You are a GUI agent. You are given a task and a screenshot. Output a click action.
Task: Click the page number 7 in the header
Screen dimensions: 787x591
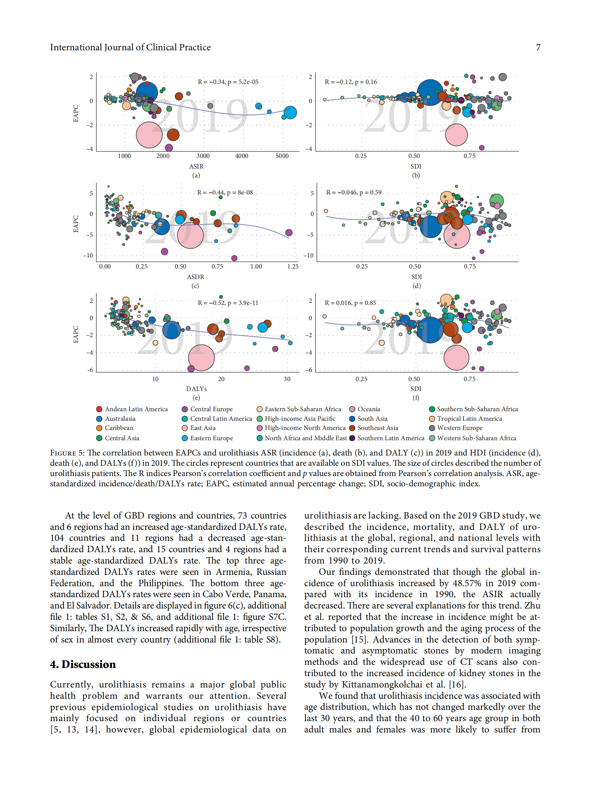(538, 47)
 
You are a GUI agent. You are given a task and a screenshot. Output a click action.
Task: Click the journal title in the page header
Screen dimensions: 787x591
(130, 47)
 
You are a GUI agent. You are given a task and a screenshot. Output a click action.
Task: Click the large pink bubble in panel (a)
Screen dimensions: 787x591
(149, 135)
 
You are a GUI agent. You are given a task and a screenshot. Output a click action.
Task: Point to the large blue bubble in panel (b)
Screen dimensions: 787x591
(430, 92)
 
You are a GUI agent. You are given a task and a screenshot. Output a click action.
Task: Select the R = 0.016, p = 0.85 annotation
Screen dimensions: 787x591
(350, 303)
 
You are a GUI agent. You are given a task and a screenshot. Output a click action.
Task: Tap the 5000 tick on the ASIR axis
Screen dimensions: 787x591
(282, 156)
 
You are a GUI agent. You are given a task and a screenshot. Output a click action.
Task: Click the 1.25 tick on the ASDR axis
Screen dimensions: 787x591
(293, 266)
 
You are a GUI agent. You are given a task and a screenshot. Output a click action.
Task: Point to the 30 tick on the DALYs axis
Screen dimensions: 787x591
(287, 379)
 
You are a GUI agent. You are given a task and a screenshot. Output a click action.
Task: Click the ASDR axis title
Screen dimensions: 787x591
(196, 277)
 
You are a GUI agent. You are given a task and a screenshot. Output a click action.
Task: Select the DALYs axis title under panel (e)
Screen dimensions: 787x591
(196, 389)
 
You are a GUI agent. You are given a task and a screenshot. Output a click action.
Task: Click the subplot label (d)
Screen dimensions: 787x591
(417, 286)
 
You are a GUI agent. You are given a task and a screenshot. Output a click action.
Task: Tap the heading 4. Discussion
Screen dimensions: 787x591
(83, 664)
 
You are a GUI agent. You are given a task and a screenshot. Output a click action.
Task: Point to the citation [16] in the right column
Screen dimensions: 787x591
(457, 685)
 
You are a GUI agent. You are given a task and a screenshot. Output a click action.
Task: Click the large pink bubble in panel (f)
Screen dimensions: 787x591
(456, 358)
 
